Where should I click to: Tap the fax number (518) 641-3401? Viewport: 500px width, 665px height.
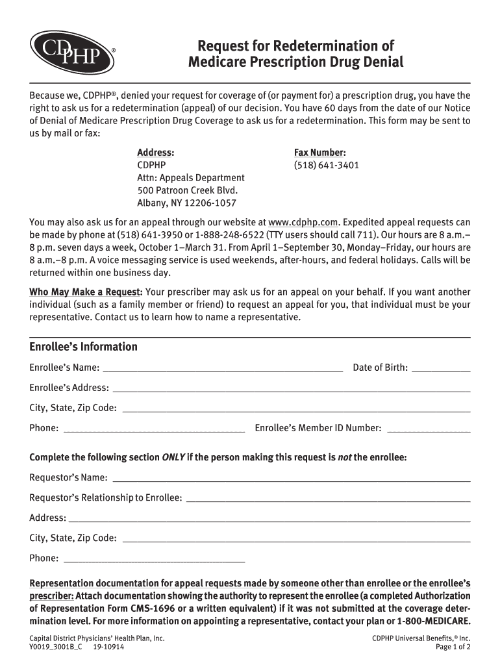point(326,165)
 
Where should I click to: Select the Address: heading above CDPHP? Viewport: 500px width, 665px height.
point(155,153)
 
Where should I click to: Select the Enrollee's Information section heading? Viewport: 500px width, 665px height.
point(83,347)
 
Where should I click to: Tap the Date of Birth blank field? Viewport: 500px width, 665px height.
point(441,368)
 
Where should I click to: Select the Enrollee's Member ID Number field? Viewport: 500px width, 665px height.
point(428,429)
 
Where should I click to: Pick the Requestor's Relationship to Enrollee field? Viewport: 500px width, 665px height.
point(327,498)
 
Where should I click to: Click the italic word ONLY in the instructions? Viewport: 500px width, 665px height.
point(173,458)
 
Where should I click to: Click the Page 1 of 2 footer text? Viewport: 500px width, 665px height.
point(453,647)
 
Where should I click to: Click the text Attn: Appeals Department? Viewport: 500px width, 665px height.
point(191,178)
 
